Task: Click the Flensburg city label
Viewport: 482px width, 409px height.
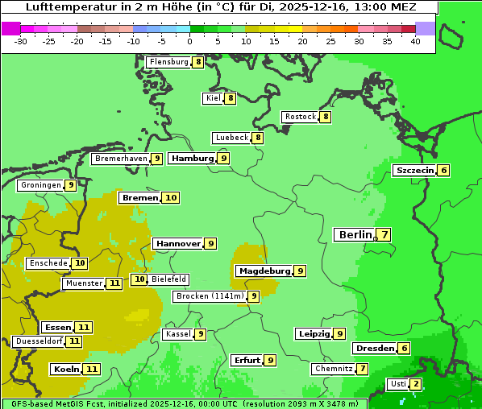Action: [x=168, y=62]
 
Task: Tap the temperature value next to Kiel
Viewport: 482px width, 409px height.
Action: [x=230, y=98]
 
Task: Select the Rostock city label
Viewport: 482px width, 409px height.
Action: [x=301, y=117]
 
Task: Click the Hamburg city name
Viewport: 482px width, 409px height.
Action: [x=192, y=159]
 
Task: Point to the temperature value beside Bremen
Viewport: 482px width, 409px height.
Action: [x=170, y=198]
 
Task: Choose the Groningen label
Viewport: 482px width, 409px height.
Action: [x=41, y=185]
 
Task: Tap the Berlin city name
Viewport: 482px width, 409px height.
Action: [x=355, y=235]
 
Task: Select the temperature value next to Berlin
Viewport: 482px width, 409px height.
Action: [x=384, y=235]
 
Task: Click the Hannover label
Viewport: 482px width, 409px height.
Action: [x=178, y=243]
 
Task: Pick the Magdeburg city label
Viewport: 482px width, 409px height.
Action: [x=264, y=271]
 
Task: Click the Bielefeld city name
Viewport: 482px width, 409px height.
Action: [x=168, y=279]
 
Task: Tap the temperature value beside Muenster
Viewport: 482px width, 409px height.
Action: [x=114, y=283]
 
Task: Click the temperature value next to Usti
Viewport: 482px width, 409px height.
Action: [x=415, y=384]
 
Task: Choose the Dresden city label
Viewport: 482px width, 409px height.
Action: [x=375, y=349]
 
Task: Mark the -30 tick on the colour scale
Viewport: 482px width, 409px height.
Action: [x=21, y=41]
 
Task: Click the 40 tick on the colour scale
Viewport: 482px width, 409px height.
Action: [x=415, y=41]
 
